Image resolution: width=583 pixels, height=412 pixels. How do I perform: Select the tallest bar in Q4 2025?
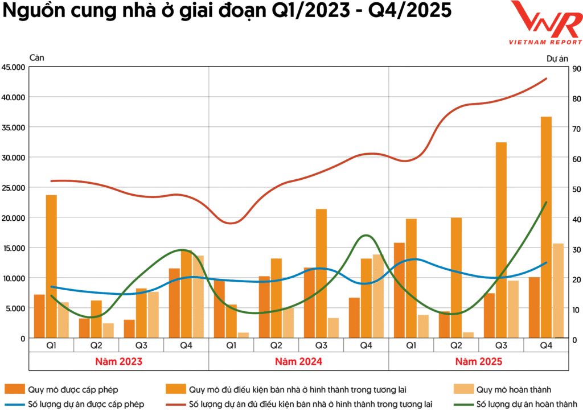(546, 228)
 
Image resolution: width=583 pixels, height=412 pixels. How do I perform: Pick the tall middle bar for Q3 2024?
(321, 273)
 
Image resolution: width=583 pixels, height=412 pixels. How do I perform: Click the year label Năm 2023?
(118, 361)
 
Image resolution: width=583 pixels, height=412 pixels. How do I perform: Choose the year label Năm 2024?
(298, 361)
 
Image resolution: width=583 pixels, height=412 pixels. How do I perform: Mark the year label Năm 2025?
(478, 361)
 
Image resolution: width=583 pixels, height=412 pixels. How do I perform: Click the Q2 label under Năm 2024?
(276, 345)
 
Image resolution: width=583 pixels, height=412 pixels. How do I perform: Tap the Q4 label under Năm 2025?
(546, 345)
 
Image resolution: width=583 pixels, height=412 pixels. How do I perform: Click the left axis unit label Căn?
(36, 57)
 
